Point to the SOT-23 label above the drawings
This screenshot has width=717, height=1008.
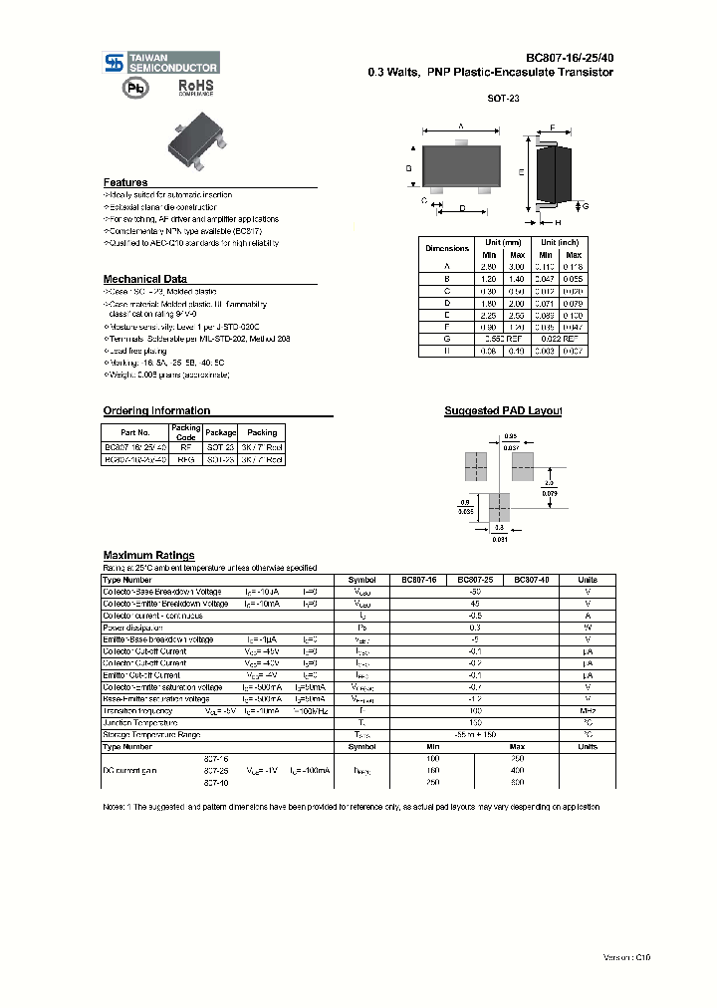click(x=503, y=99)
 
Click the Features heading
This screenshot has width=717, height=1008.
click(x=125, y=182)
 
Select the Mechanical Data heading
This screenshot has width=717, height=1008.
click(x=145, y=279)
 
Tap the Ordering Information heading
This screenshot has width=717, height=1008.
click(x=156, y=410)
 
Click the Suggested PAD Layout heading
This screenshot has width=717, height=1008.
click(x=503, y=410)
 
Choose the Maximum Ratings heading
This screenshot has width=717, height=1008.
click(x=148, y=555)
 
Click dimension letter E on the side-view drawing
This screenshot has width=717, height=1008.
click(x=522, y=172)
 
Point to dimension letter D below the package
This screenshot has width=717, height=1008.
click(x=462, y=207)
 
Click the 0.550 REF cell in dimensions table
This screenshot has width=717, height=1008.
click(x=502, y=339)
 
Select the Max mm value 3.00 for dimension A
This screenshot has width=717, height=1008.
click(x=516, y=267)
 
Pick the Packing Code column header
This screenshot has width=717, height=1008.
click(x=185, y=432)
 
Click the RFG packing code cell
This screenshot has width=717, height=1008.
click(x=185, y=460)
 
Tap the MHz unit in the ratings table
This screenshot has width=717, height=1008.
click(x=588, y=710)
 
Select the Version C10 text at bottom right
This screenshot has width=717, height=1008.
click(x=626, y=956)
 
